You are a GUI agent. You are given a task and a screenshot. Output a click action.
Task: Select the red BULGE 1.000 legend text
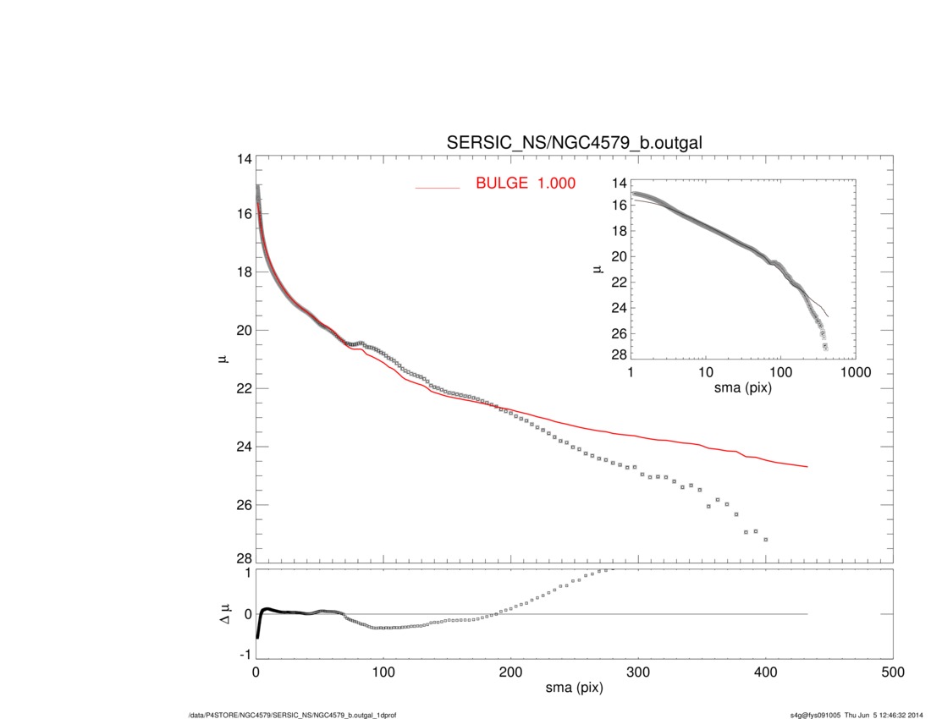coord(526,182)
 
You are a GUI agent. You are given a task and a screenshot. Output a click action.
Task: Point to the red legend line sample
coord(437,187)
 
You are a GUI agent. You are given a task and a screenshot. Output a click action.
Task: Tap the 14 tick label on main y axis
coord(245,159)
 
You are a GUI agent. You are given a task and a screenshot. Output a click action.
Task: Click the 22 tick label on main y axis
coord(245,388)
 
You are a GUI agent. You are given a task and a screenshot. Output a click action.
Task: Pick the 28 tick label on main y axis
coord(245,559)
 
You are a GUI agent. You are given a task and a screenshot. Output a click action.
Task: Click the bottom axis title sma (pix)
coord(574,689)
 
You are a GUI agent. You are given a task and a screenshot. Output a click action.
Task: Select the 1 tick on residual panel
coord(247,573)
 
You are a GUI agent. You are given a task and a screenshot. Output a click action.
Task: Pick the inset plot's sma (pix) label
coord(742,388)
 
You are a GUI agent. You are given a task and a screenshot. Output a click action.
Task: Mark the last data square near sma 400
coord(766,539)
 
